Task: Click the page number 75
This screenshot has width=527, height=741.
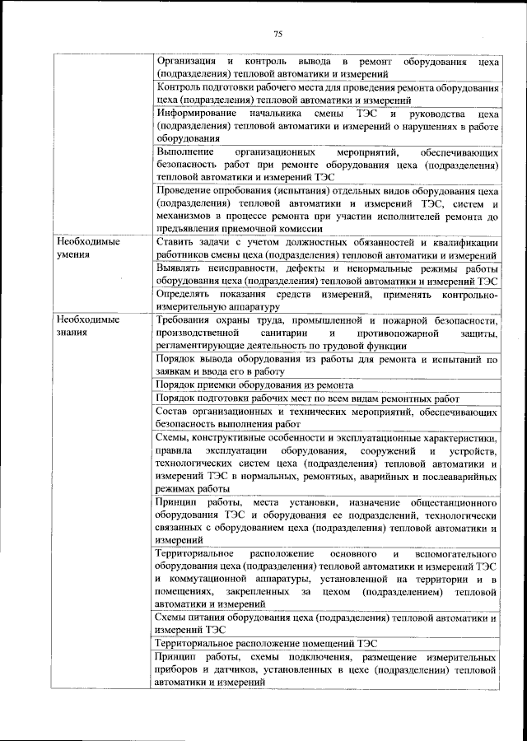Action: point(277,34)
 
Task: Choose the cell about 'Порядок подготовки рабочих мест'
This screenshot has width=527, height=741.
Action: point(307,398)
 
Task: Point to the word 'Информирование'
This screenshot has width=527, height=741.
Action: point(198,113)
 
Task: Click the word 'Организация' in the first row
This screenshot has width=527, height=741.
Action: point(188,62)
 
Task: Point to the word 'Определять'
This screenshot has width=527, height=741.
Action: point(184,294)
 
